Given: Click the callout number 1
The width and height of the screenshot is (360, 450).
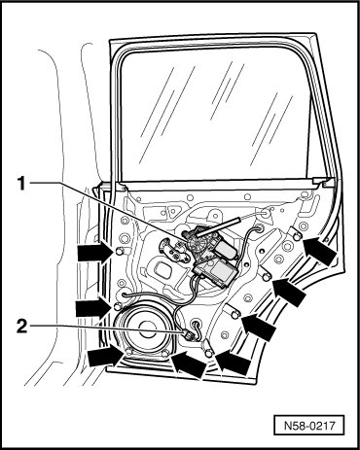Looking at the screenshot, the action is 21,184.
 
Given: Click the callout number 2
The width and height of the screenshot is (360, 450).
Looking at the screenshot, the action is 21,327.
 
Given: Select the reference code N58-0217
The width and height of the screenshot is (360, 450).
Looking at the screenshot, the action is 308,425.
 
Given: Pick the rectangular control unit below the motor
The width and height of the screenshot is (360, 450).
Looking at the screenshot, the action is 216,270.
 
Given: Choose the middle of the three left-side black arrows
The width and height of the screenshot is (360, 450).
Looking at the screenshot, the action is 93,308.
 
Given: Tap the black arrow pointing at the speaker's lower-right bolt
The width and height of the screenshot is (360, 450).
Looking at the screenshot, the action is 188,363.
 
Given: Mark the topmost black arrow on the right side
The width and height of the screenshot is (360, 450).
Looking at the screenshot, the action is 319,250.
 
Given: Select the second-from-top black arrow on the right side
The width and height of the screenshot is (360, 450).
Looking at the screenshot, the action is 289,292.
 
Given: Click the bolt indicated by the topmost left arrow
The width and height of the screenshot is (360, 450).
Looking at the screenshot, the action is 120,251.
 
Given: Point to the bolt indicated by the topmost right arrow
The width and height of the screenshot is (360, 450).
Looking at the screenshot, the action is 296,236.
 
